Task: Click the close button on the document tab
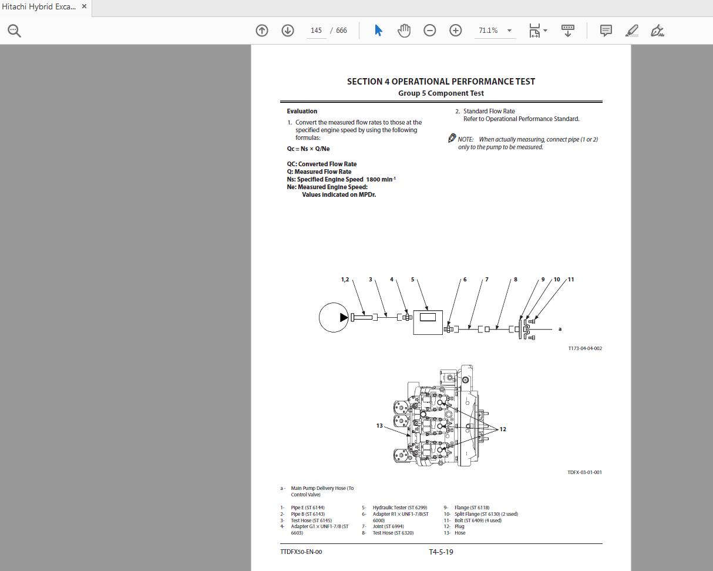(85, 6)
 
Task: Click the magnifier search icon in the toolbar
(15, 31)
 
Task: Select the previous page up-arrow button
(262, 31)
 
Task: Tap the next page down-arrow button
(288, 31)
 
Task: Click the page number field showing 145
(316, 31)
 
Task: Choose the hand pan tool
(404, 31)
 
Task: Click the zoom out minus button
(430, 31)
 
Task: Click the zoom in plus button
(456, 31)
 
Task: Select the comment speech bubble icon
(606, 31)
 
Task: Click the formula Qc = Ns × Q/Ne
(308, 149)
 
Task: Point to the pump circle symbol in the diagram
(334, 317)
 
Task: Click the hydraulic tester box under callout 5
(428, 321)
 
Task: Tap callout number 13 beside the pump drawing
(379, 426)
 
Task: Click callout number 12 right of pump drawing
(503, 429)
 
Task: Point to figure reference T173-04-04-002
(584, 348)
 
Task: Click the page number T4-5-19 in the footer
(440, 552)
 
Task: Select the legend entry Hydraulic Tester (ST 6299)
(399, 508)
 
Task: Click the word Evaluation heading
(302, 111)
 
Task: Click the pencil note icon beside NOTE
(452, 138)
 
